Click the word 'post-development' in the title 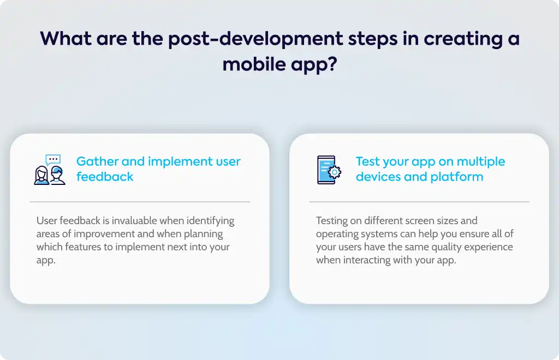pos(255,39)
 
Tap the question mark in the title pos(332,64)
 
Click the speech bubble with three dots pos(53,159)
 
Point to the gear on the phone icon pos(335,172)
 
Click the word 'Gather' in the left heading pos(97,161)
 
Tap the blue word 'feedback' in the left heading pos(105,177)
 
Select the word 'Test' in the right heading pos(367,161)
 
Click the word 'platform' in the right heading pos(457,177)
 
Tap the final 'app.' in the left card pos(46,260)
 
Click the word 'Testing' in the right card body pos(331,221)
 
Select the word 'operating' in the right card pos(337,234)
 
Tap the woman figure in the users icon pos(41,175)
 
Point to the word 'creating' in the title pos(463,39)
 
